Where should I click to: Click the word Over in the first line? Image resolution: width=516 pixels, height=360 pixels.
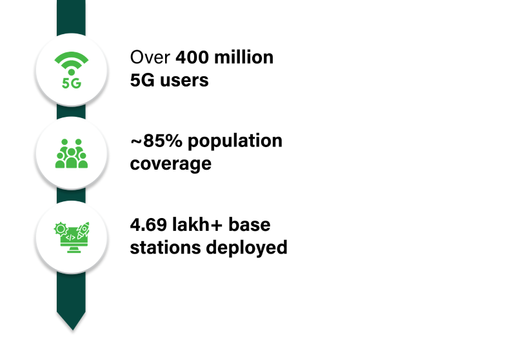[x=151, y=58]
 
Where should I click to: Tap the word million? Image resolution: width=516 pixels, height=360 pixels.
[x=248, y=58]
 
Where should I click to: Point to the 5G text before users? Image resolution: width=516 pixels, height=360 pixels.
[x=143, y=80]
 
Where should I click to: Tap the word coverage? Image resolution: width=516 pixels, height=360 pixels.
[x=170, y=164]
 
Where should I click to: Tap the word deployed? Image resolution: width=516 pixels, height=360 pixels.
[x=248, y=248]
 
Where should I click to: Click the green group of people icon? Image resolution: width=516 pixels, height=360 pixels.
[x=71, y=154]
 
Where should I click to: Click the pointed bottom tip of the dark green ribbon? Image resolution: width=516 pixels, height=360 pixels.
[x=71, y=328]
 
